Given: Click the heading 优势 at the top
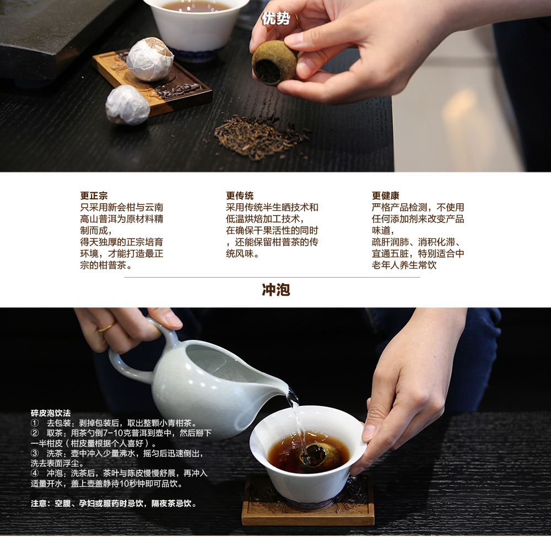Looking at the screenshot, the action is (x=276, y=18).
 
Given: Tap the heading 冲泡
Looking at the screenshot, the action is (x=276, y=290).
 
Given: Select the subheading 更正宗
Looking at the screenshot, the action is (x=94, y=196).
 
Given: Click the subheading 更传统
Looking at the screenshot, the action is (x=240, y=196).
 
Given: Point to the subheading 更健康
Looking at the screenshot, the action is (x=386, y=196).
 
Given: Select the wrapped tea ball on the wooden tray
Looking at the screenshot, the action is (x=150, y=59).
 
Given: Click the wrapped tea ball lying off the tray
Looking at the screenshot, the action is (x=127, y=105).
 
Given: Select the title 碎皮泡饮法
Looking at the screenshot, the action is (x=51, y=413).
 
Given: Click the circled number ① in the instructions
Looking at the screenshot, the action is (x=35, y=423).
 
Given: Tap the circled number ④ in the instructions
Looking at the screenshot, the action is (x=35, y=474).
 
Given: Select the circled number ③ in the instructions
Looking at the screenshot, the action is (x=35, y=453).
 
